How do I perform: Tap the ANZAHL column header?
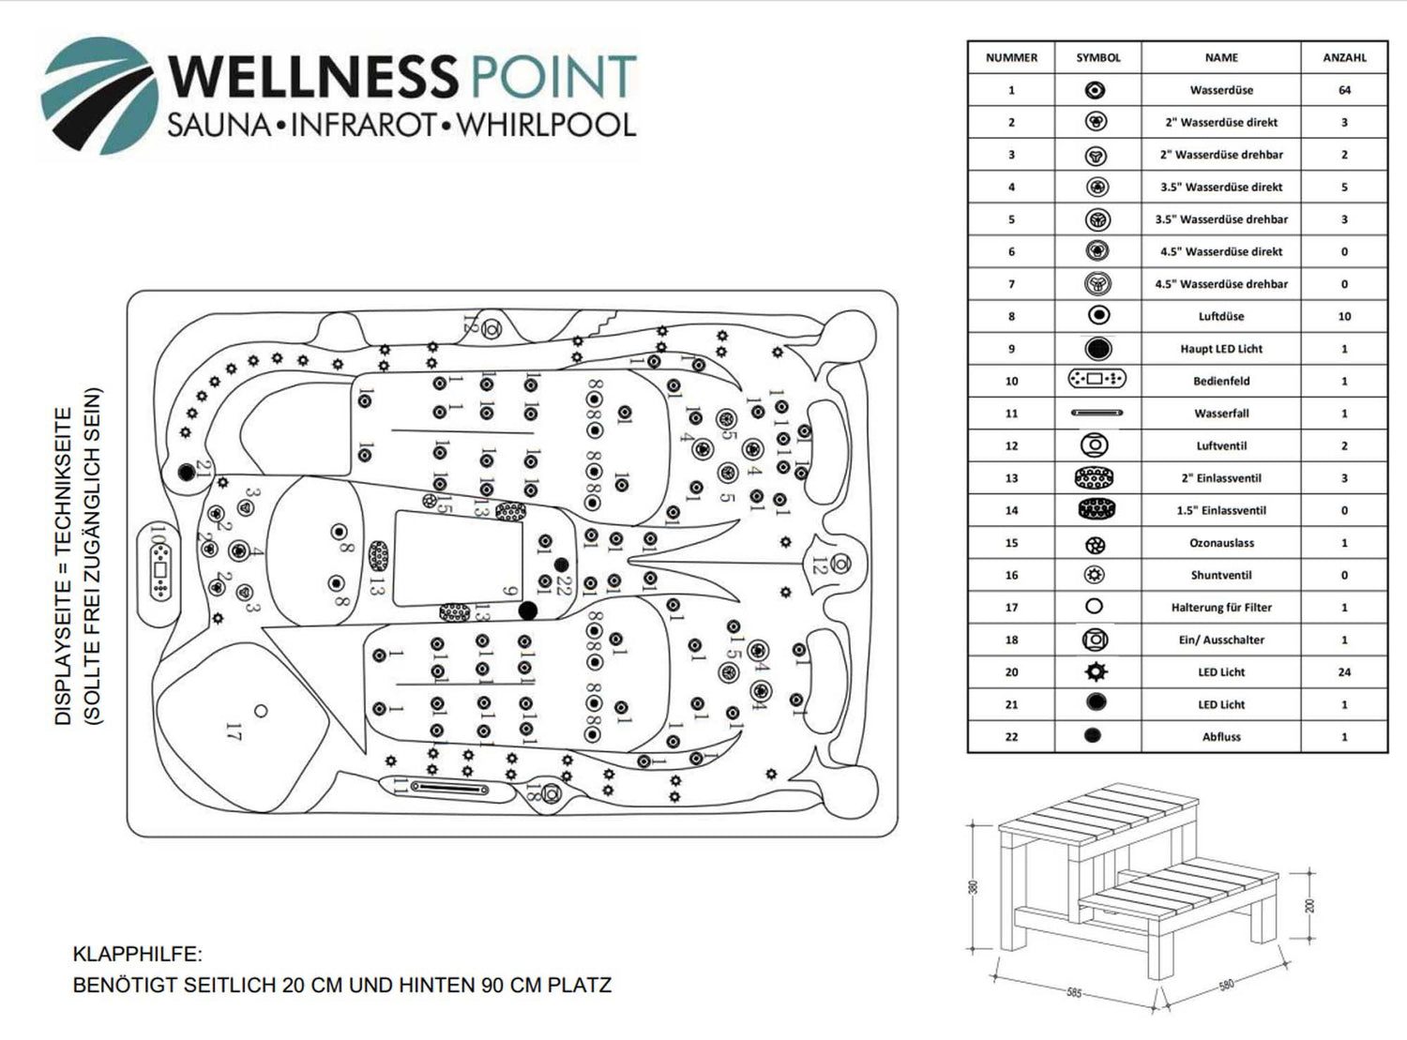1344,58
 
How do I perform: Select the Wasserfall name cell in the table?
1221,414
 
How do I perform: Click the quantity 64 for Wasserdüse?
1344,90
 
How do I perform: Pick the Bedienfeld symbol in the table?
1097,380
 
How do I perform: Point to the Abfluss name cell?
1221,737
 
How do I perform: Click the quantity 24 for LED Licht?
1344,672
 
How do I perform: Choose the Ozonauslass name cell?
1221,543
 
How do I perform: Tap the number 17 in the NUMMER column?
1011,608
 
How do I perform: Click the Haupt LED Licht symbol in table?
1097,349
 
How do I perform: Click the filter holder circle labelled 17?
261,711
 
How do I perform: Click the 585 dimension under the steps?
1074,992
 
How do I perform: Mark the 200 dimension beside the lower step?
1310,906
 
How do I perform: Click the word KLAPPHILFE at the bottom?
137,955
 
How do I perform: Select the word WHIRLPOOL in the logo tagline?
545,125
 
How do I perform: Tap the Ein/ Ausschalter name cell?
1221,641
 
